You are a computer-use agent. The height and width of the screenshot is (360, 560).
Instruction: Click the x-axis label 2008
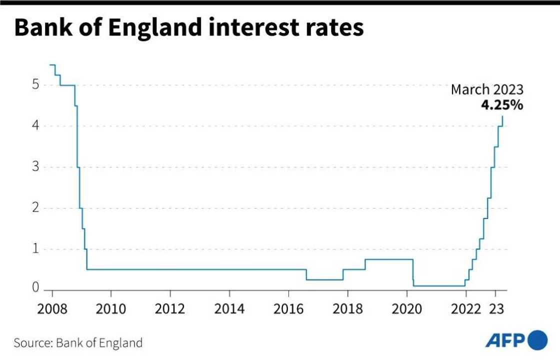(52, 308)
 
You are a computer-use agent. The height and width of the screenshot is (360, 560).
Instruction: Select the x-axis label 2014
(229, 308)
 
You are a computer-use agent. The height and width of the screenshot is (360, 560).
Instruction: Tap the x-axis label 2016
(288, 308)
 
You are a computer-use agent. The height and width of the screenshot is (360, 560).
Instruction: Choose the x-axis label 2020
(406, 308)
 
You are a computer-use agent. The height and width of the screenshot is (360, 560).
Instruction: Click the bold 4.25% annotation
(502, 105)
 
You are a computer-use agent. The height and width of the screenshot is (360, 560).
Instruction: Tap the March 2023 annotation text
(487, 90)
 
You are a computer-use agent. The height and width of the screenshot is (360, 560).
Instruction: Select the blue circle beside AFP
(537, 341)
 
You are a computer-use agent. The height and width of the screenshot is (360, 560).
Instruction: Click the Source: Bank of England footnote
(78, 343)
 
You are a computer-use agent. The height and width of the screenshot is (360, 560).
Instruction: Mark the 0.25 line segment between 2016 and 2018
(324, 279)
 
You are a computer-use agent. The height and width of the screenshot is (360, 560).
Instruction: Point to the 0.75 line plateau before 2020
(389, 259)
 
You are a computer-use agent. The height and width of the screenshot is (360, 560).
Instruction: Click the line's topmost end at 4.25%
(502, 116)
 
